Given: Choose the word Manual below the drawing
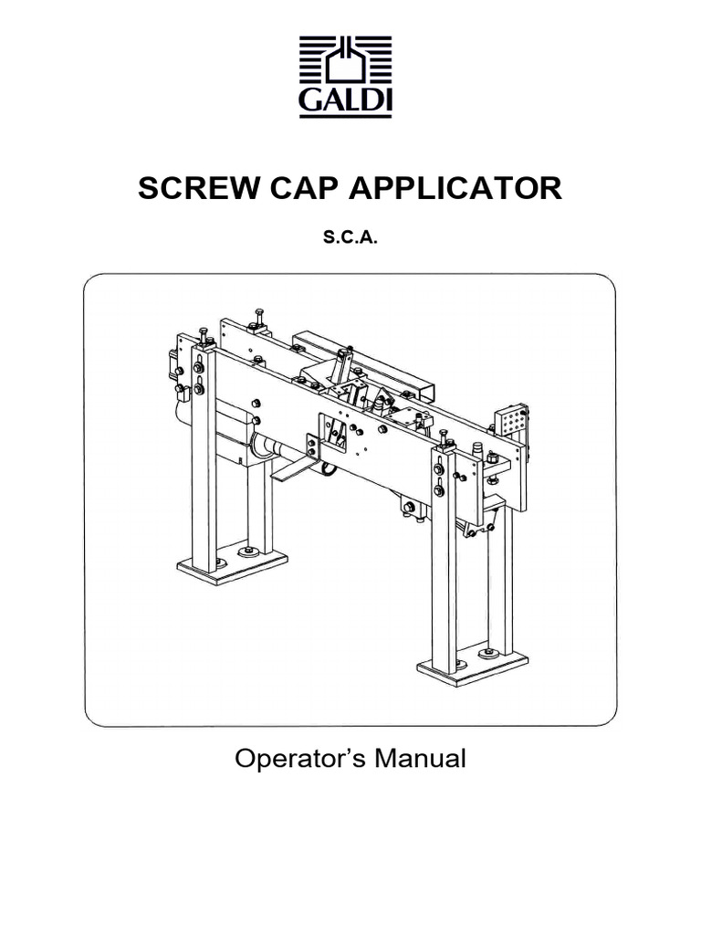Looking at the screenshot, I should [422, 759].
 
